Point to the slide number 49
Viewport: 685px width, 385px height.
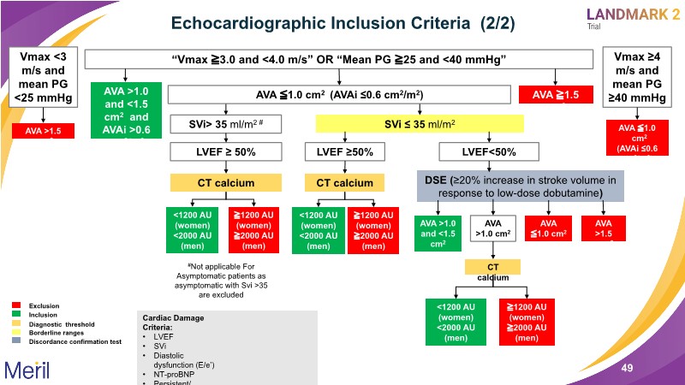627,368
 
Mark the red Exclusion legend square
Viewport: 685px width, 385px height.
16,305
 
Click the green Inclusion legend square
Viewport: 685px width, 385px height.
16,314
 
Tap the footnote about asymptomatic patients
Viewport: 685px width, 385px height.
226,280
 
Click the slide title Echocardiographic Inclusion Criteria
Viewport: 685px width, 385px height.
336,23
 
